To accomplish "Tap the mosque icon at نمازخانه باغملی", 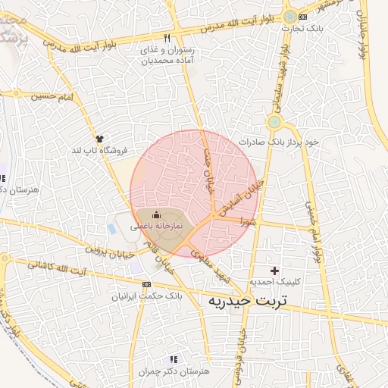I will [x=157, y=215].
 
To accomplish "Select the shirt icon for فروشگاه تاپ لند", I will [x=99, y=138].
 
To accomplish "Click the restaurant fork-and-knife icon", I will [x=167, y=39].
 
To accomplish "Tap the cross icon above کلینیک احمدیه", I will [x=274, y=271].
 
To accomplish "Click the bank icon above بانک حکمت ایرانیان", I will [x=146, y=284].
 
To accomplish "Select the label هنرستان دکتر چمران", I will [x=174, y=371].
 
